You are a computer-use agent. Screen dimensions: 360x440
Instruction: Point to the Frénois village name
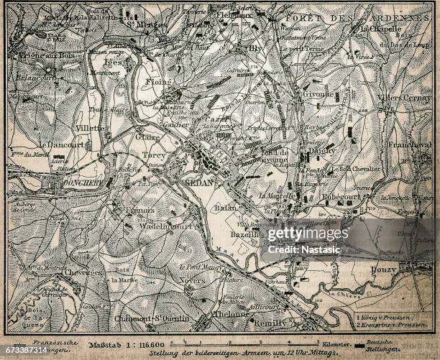coord(139,210)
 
